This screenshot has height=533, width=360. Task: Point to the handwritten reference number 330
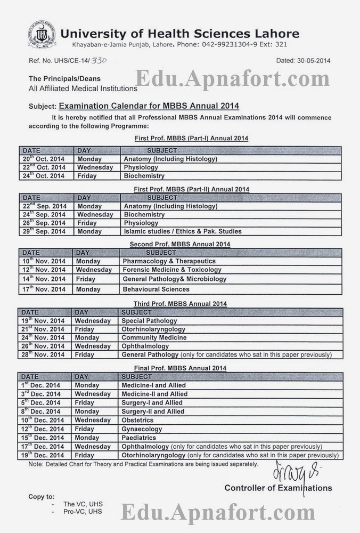tap(99, 61)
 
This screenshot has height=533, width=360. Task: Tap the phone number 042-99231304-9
tap(217, 46)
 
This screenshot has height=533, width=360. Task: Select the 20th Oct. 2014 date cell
tap(44, 159)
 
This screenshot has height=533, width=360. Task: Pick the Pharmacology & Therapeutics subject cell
tap(169, 261)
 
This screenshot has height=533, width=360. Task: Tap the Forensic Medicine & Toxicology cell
tap(171, 270)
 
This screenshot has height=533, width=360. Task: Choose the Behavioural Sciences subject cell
tap(156, 289)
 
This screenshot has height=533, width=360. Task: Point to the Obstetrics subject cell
tap(137, 420)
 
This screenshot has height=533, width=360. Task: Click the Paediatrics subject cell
tap(139, 437)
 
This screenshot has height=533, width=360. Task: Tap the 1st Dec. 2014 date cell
tap(42, 385)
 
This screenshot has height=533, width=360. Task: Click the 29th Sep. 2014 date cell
tap(44, 231)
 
